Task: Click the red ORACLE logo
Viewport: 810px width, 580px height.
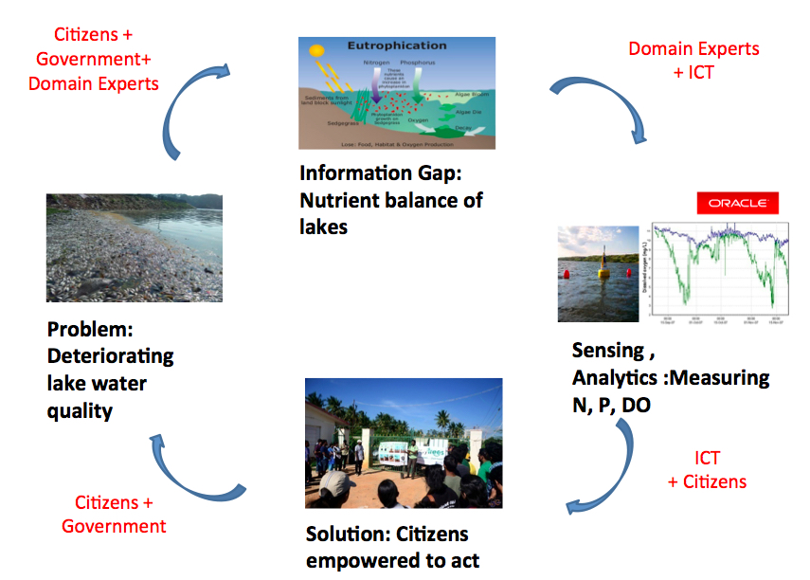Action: (737, 204)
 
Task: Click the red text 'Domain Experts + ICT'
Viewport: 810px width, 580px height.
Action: (693, 60)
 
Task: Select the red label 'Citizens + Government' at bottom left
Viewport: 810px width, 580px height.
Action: (114, 515)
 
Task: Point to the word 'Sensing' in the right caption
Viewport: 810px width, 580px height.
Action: (607, 352)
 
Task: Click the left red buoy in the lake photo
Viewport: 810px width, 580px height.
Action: (567, 273)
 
